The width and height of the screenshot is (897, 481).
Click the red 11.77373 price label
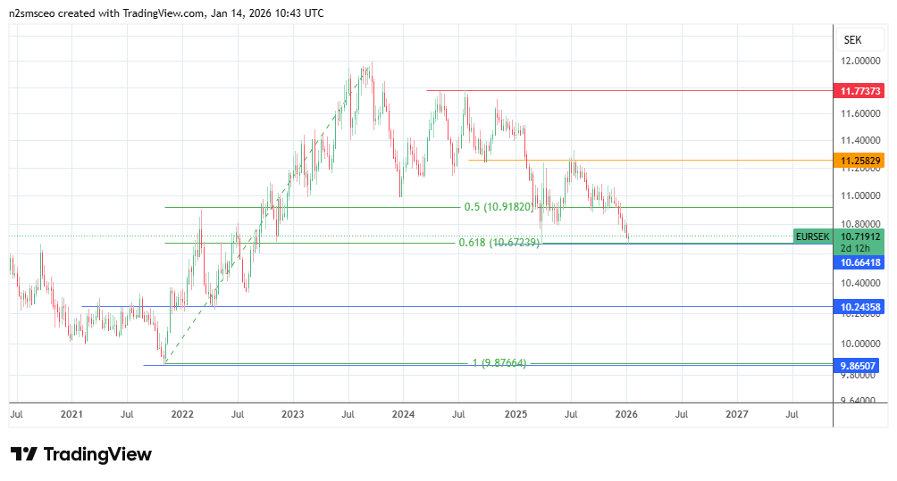click(x=859, y=91)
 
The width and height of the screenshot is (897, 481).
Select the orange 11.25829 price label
click(x=859, y=161)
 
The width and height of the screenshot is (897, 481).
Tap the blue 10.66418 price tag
click(x=859, y=263)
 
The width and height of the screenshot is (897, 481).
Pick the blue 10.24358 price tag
click(x=859, y=307)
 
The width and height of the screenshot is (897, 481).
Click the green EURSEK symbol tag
click(x=812, y=236)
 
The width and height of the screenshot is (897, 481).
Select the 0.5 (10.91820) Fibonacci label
click(x=498, y=207)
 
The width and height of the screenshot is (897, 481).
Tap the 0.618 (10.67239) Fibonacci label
click(x=499, y=243)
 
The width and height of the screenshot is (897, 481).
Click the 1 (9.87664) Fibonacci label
click(x=499, y=363)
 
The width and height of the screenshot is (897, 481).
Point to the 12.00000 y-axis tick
click(x=860, y=61)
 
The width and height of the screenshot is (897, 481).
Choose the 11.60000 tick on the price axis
click(x=860, y=113)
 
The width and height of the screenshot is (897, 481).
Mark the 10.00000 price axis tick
click(x=860, y=344)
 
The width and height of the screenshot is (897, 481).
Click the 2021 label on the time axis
click(x=71, y=415)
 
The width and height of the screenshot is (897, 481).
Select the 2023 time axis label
click(x=292, y=415)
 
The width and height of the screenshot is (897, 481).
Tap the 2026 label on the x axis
click(x=626, y=415)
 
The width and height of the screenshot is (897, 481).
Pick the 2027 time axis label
click(x=737, y=415)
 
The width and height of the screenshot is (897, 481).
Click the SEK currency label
click(x=851, y=40)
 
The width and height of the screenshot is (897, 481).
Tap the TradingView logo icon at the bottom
click(x=23, y=454)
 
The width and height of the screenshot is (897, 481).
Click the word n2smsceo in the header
click(x=33, y=13)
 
